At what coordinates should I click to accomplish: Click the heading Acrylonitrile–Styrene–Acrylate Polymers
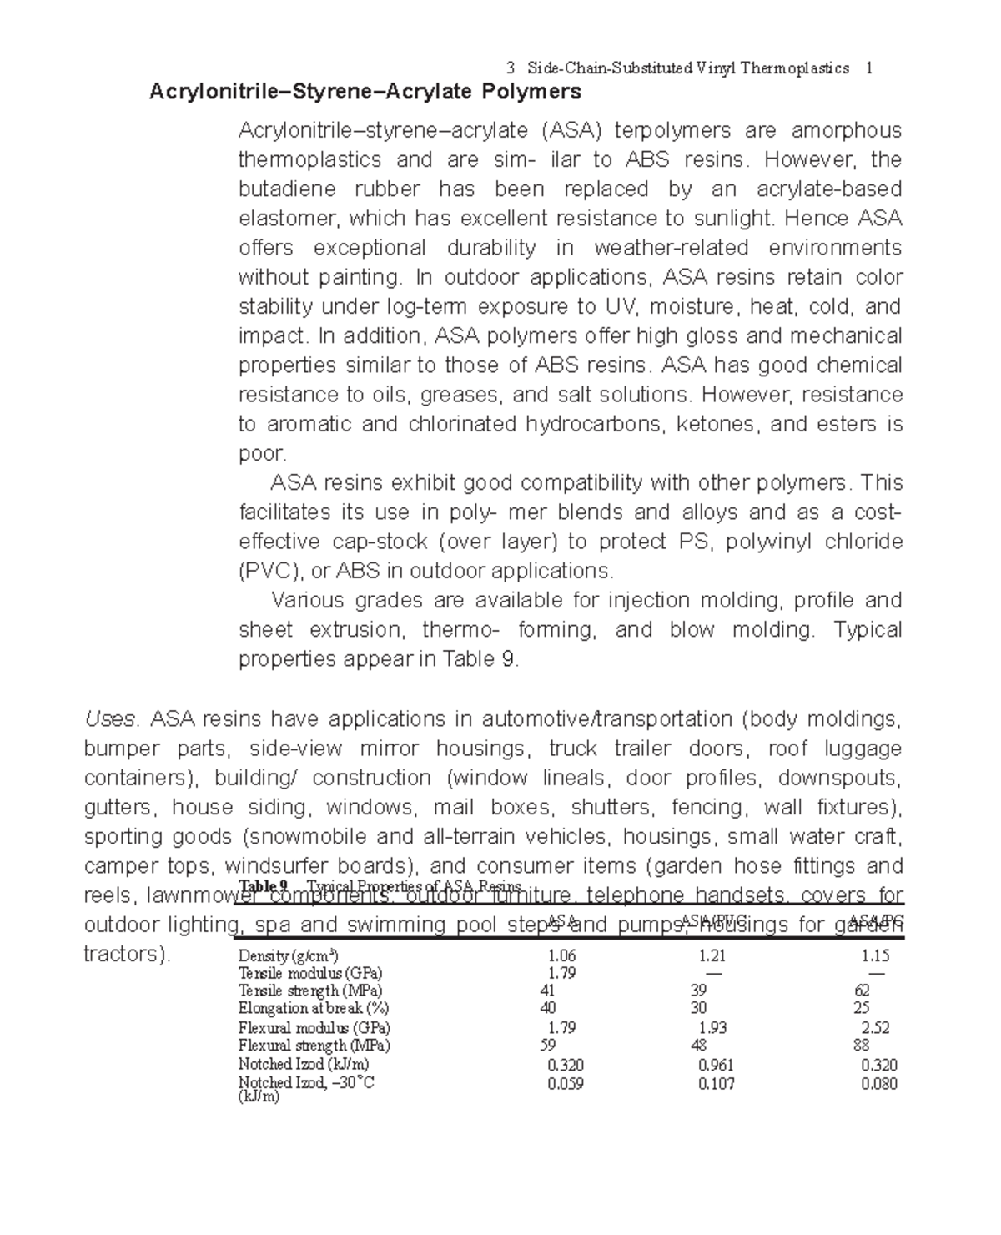coord(365,91)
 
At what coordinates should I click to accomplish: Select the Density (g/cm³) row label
coord(288,955)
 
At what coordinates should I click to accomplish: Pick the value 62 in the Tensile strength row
coord(862,991)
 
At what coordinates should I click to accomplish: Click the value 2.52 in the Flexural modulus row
coord(875,1028)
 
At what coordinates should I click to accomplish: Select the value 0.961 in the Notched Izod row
coord(716,1065)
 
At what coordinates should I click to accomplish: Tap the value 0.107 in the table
coord(716,1084)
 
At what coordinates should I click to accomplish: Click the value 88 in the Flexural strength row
coord(862,1046)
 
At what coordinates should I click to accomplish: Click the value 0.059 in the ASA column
coord(566,1084)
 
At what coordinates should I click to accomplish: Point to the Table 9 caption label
coord(263,885)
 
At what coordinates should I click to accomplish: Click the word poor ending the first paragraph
coord(261,453)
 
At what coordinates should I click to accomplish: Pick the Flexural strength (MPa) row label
coord(314,1046)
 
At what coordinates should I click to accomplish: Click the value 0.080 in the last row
coord(879,1084)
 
